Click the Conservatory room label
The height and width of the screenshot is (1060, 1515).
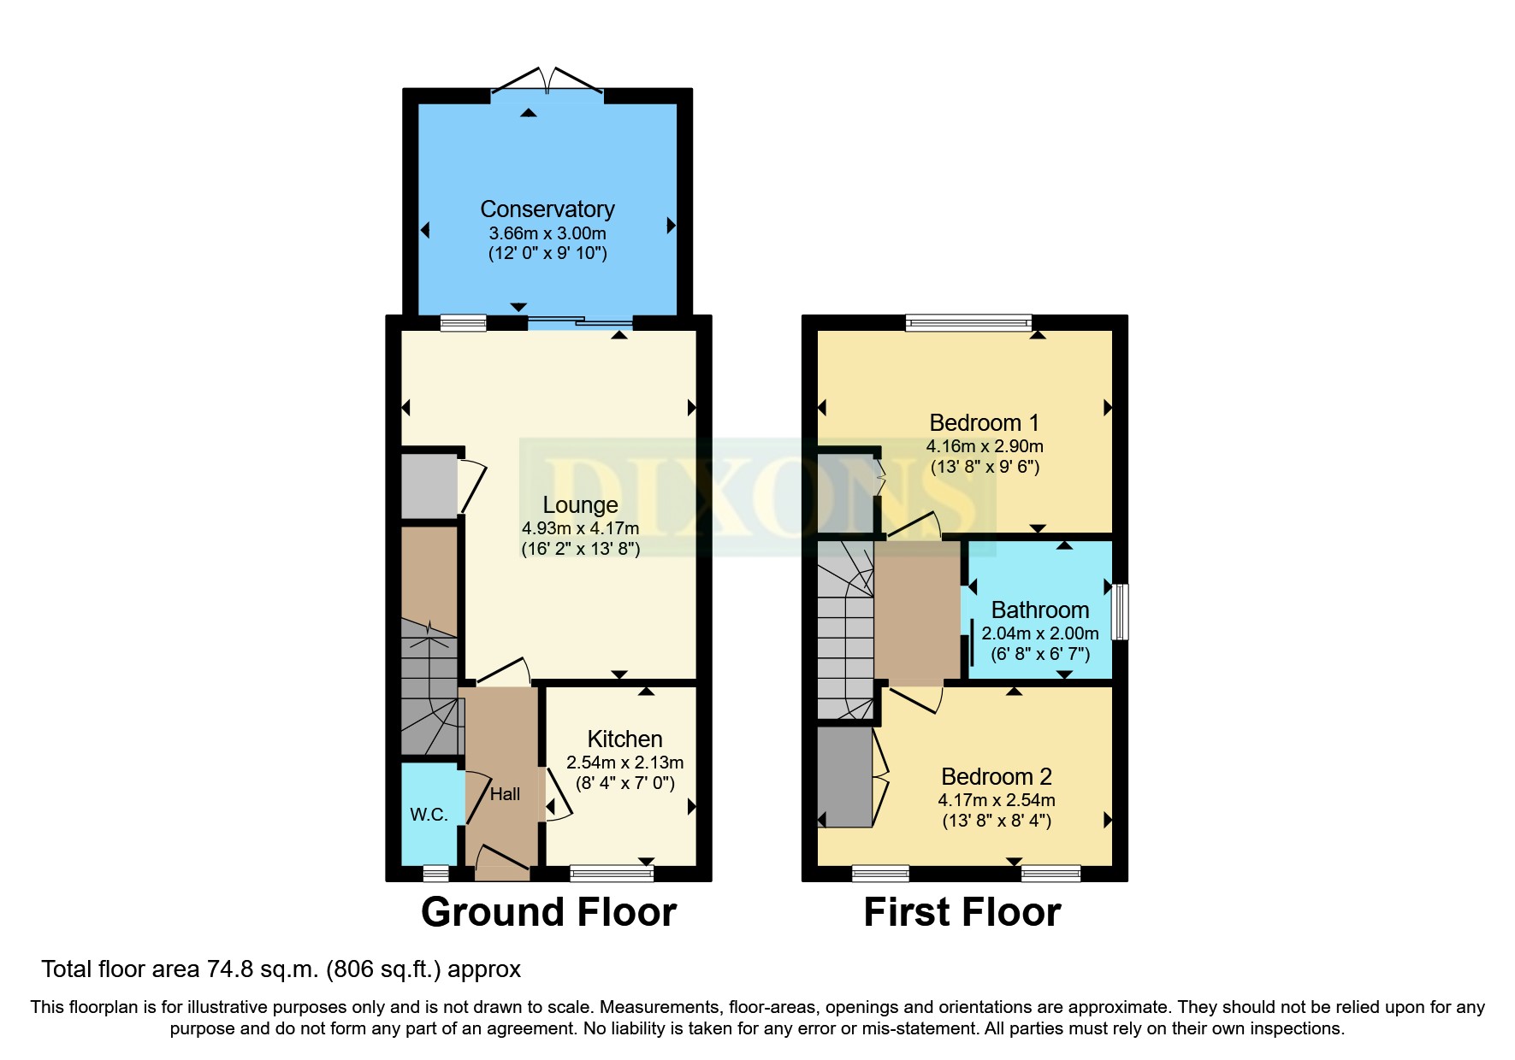tap(547, 209)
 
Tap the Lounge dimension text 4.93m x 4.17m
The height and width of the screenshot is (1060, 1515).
tap(580, 528)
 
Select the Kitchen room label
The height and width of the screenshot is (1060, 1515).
tap(624, 739)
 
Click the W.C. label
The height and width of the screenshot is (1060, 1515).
tap(429, 815)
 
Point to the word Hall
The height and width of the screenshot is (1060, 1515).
tap(505, 794)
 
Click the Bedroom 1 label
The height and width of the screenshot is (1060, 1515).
tap(984, 423)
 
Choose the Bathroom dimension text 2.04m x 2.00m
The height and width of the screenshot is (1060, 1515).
tap(1039, 633)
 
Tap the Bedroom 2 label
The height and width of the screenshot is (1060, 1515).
tap(996, 777)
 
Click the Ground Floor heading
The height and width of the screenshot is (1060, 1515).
tap(548, 912)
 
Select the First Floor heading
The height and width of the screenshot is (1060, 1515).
tap(962, 912)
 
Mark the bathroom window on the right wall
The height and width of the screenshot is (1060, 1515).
tap(1120, 611)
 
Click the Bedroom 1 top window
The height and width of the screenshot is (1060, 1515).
tap(968, 323)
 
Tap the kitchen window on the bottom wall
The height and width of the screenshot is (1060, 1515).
tap(611, 873)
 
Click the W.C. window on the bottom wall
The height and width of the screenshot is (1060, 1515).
tap(435, 873)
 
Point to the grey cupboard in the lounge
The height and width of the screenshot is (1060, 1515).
tap(429, 486)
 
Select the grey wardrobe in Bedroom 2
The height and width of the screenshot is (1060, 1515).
tap(844, 777)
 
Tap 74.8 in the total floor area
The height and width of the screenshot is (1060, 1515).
tap(228, 969)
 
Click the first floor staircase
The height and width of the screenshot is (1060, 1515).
tap(845, 633)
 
